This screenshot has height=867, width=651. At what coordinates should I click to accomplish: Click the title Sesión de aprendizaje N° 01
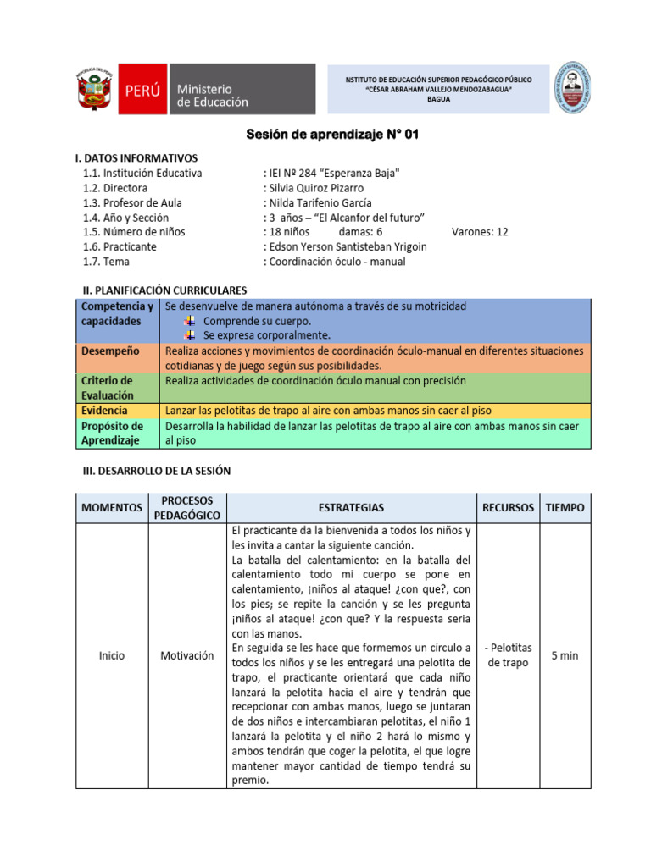pos(332,135)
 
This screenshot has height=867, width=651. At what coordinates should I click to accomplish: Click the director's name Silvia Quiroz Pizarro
pos(317,188)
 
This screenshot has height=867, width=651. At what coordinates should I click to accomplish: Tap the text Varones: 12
pos(480,232)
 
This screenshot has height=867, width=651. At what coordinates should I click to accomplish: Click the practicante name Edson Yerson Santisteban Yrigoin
pos(348,246)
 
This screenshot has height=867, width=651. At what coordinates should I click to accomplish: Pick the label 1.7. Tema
pos(107,262)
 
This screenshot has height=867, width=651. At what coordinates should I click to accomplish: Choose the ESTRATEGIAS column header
pos(351,508)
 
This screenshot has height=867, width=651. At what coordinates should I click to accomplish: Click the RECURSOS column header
pos(508,508)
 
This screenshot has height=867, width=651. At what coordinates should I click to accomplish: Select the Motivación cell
pos(186,655)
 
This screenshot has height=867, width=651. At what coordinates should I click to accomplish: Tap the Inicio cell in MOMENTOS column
pos(111,655)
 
